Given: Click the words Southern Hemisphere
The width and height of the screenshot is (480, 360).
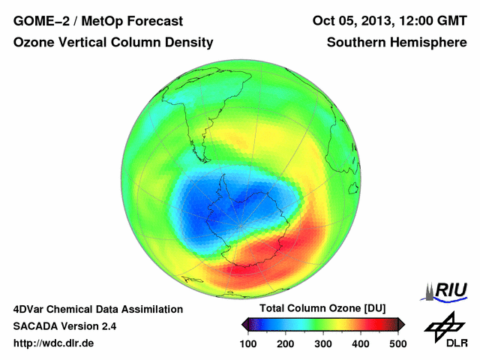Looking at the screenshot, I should pyautogui.click(x=396, y=43).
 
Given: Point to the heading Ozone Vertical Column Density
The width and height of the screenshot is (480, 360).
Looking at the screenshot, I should pyautogui.click(x=113, y=43).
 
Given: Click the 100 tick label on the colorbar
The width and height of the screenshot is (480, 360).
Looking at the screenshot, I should pyautogui.click(x=248, y=343).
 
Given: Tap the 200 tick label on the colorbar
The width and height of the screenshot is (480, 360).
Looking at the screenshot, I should pyautogui.click(x=286, y=343).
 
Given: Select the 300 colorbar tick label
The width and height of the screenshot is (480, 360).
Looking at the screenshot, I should pyautogui.click(x=323, y=343).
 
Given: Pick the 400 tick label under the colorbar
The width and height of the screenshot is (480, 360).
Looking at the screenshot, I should pyautogui.click(x=361, y=343).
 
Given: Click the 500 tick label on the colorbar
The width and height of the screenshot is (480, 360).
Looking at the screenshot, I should pyautogui.click(x=397, y=343).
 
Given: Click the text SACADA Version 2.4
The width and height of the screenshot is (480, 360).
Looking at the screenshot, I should pyautogui.click(x=64, y=326).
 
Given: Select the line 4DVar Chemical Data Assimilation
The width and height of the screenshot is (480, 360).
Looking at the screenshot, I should pyautogui.click(x=98, y=309).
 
